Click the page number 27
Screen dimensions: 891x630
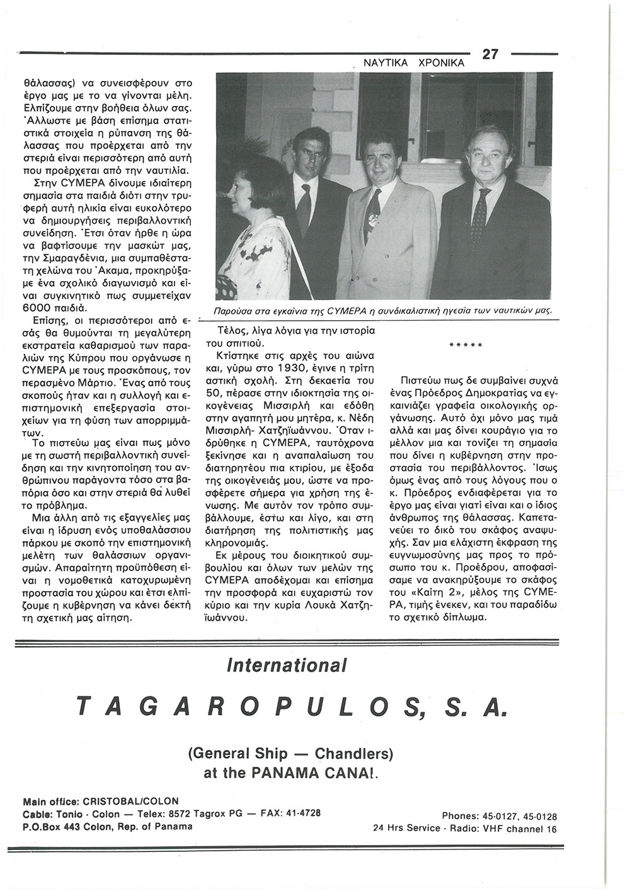tap(490, 54)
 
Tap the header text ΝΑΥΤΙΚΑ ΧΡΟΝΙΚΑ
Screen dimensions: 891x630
tap(413, 63)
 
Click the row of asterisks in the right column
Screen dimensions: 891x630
tap(465, 345)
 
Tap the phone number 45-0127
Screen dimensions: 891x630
tap(497, 815)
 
